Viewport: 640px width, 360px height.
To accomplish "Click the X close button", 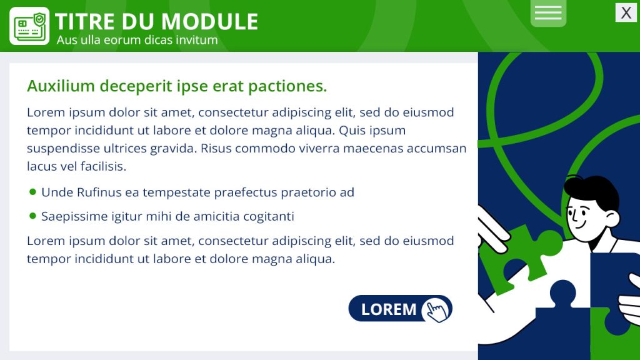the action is (626, 12).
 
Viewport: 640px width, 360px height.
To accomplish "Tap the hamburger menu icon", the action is (548, 12).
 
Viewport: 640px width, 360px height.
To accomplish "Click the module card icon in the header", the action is (29, 26).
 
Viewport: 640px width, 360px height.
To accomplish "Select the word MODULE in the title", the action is (210, 22).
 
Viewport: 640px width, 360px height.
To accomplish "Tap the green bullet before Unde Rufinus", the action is (33, 191).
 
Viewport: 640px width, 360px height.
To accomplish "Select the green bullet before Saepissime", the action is (33, 216).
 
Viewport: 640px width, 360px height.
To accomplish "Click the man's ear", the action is (612, 219).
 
